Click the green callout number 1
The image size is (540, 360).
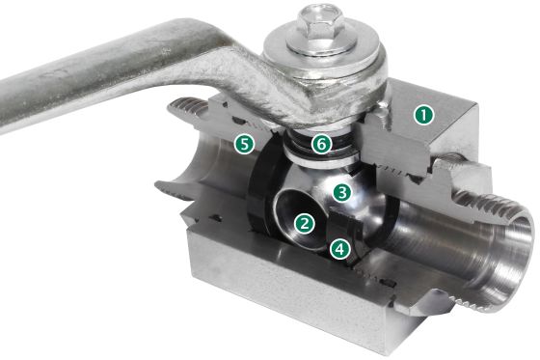pos(423,115)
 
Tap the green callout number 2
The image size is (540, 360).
pos(305,224)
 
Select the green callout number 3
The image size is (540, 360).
pos(342,192)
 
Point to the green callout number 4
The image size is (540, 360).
pos(339,249)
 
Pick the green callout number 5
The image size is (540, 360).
pos(244,144)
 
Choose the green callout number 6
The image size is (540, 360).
pos(321,144)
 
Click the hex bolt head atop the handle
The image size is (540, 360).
pos(320,21)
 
